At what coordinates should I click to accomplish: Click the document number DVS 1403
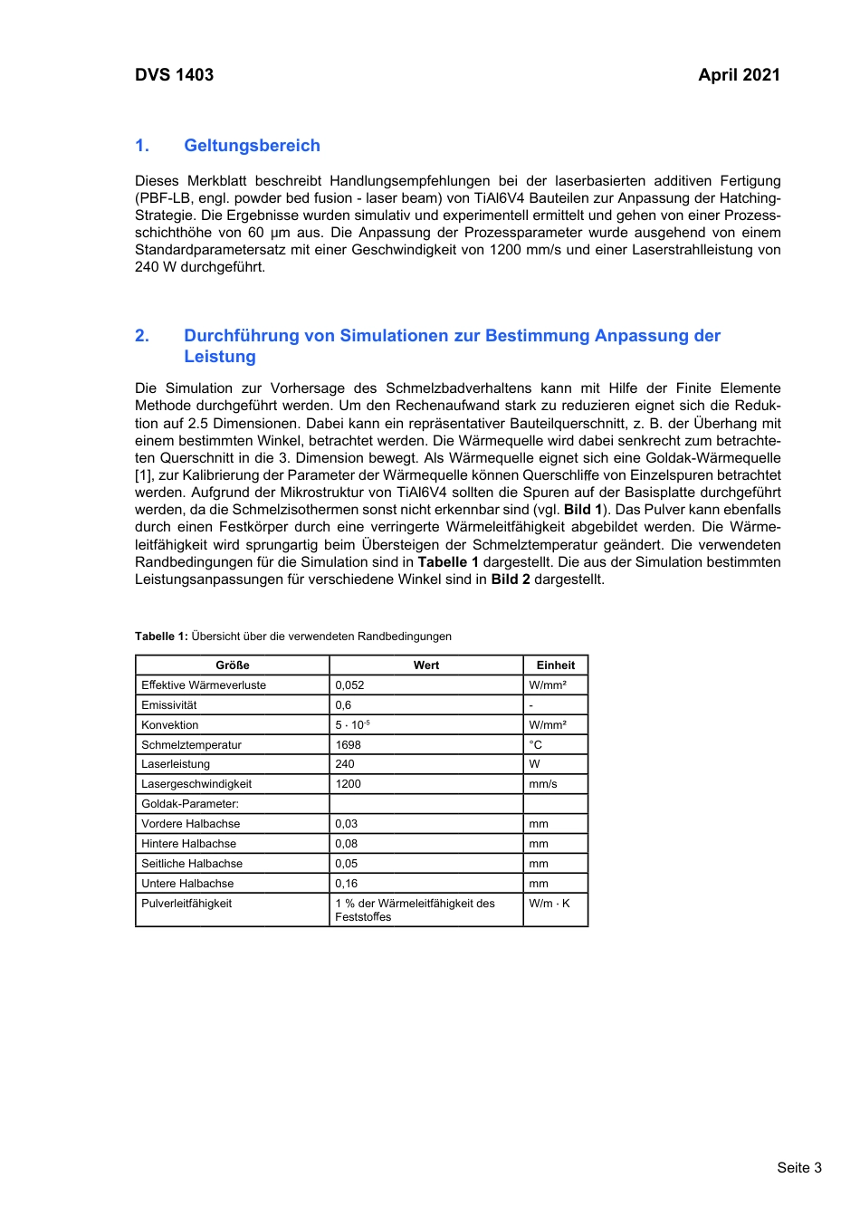pos(174,75)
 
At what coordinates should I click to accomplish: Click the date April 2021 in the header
pos(739,75)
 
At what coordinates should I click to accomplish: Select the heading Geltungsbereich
pos(252,146)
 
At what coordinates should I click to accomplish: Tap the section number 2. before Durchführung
pos(142,336)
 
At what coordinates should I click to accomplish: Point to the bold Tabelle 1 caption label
pos(161,637)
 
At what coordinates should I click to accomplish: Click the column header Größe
pos(233,665)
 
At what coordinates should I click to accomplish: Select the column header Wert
pos(426,665)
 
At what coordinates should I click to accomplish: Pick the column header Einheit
pos(556,665)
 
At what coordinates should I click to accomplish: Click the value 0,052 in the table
pos(349,685)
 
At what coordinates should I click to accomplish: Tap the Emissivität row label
pos(169,705)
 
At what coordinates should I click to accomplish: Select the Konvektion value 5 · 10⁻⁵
pos(352,725)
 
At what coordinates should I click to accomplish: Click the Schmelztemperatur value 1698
pos(348,745)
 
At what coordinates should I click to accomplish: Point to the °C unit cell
pos(536,745)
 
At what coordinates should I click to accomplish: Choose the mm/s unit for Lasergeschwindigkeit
pos(543,784)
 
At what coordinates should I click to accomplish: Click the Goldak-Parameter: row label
pos(190,804)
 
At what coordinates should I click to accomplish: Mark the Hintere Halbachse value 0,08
pos(346,844)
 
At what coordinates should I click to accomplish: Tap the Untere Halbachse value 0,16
pos(346,884)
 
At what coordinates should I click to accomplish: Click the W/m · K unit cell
pos(549,904)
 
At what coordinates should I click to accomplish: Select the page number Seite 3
pos(798,1168)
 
